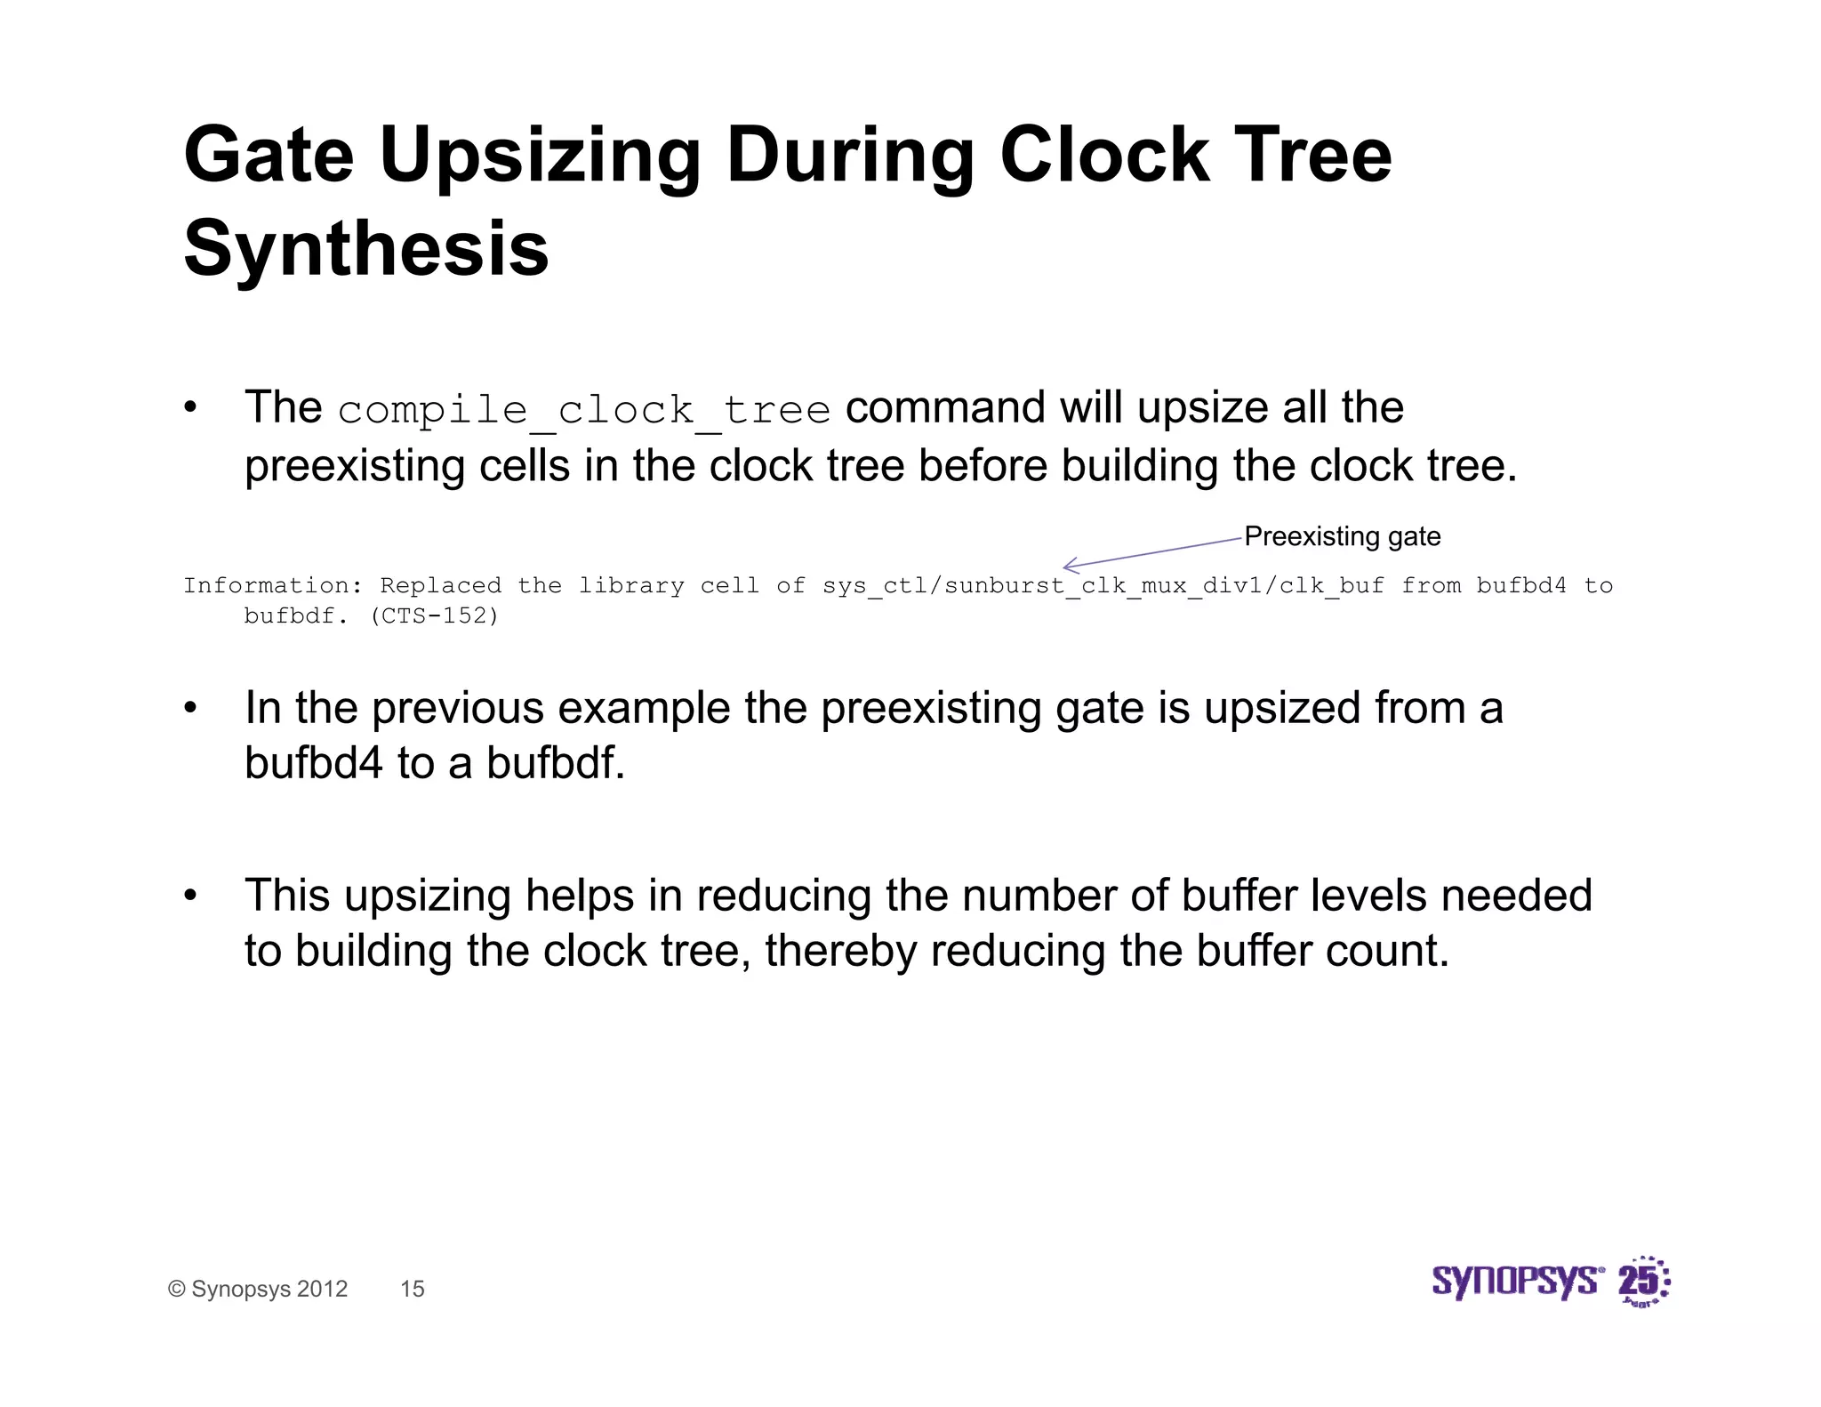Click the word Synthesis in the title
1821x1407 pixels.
tap(366, 249)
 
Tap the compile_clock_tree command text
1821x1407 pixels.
tap(584, 411)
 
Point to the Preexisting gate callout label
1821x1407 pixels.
tap(1342, 536)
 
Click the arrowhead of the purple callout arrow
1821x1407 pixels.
tap(1067, 566)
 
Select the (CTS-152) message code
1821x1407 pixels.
tap(434, 615)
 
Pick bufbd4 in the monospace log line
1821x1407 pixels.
tap(1521, 585)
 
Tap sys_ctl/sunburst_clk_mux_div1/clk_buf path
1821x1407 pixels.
tap(1103, 585)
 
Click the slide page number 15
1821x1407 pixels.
tap(413, 1289)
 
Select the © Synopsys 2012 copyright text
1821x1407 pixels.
tap(258, 1289)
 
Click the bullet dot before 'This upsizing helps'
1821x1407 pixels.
tap(189, 896)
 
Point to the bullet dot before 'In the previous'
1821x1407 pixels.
tap(189, 708)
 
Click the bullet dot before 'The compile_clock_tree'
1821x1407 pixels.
tap(189, 408)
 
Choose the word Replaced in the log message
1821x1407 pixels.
tap(440, 585)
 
